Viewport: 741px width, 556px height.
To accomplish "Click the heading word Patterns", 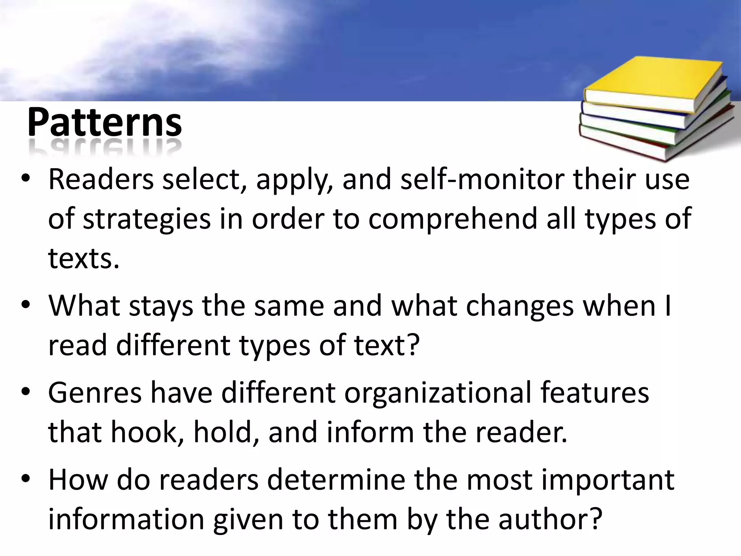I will coord(105,123).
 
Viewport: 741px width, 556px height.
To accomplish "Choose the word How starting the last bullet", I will coord(78,479).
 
